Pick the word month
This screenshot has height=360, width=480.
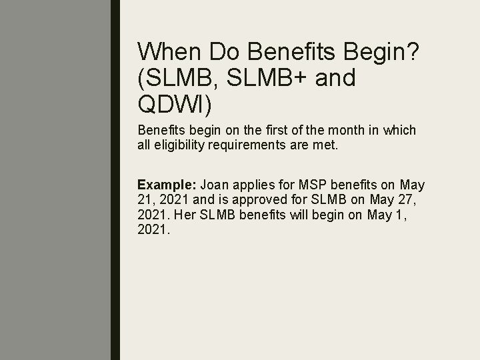click(325, 131)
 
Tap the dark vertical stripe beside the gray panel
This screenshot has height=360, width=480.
click(115, 180)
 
